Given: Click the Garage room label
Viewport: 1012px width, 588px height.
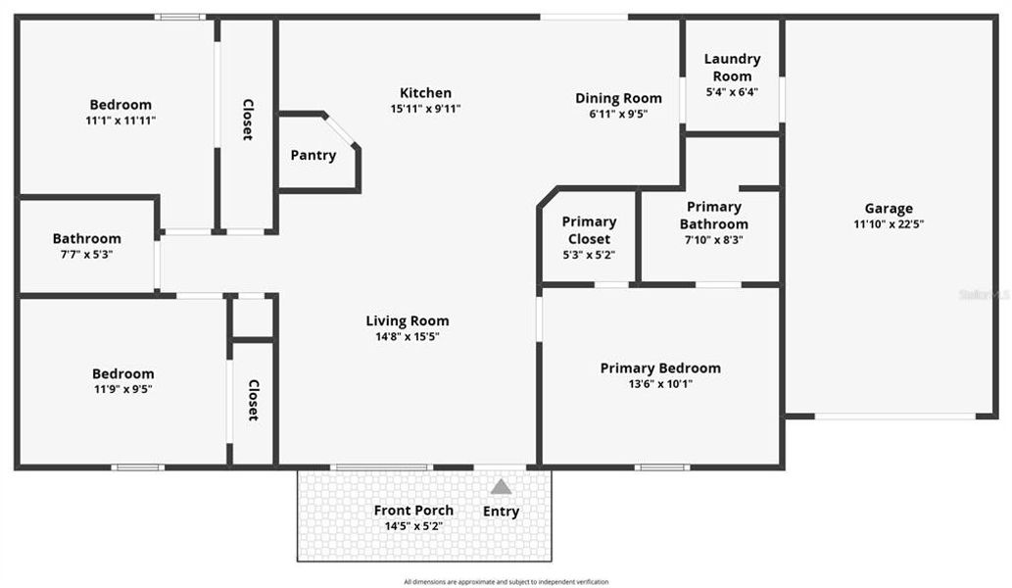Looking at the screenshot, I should pyautogui.click(x=889, y=208).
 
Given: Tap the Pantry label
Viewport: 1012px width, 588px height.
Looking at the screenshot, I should pyautogui.click(x=313, y=155).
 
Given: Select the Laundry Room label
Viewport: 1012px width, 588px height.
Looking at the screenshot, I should pyautogui.click(x=732, y=68).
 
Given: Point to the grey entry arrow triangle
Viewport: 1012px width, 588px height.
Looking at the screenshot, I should pyautogui.click(x=501, y=486).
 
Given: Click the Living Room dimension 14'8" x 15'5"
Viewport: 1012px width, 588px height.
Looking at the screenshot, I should pyautogui.click(x=408, y=336).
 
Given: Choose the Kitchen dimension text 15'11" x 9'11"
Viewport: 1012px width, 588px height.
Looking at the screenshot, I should pyautogui.click(x=425, y=109).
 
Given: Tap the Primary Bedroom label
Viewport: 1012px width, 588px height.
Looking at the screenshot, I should pyautogui.click(x=660, y=368).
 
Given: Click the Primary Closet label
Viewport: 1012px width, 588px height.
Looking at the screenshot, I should pyautogui.click(x=589, y=230).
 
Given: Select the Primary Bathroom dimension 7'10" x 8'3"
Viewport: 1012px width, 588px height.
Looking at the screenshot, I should pyautogui.click(x=713, y=239).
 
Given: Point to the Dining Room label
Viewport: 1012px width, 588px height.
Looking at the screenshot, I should pyautogui.click(x=618, y=98).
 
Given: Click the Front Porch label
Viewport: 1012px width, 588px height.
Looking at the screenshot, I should pyautogui.click(x=413, y=511).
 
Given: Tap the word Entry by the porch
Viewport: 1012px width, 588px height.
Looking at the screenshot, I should pyautogui.click(x=501, y=512).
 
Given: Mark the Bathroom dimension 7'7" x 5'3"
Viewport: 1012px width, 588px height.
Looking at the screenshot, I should pyautogui.click(x=87, y=254).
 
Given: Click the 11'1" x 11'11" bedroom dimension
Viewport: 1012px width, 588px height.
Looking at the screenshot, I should pyautogui.click(x=120, y=121).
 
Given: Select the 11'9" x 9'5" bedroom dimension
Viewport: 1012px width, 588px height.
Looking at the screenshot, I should pyautogui.click(x=122, y=389).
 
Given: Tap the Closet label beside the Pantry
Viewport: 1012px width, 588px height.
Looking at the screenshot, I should pyautogui.click(x=248, y=120).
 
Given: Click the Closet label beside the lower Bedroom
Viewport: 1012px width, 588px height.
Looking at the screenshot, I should pyautogui.click(x=253, y=400).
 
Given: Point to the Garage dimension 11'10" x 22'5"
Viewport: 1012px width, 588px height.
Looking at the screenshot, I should pyautogui.click(x=889, y=223).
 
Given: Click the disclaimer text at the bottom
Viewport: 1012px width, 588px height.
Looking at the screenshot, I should pyautogui.click(x=506, y=581).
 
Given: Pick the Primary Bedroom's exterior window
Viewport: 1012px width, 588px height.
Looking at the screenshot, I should pyautogui.click(x=662, y=467).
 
